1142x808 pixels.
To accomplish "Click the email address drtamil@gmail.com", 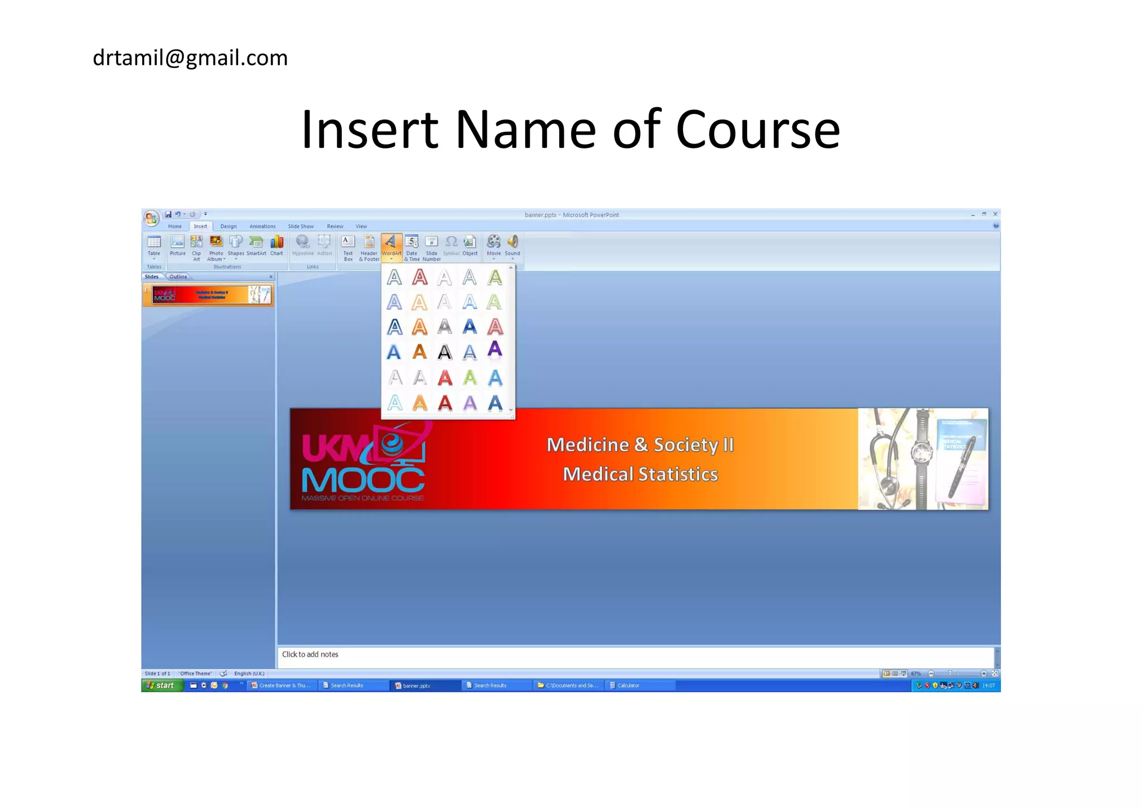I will (190, 58).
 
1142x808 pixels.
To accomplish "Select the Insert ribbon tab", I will (200, 226).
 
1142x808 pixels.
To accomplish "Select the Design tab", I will (228, 226).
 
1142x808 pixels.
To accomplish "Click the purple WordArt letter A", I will (495, 350).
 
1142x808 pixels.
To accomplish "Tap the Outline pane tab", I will (178, 277).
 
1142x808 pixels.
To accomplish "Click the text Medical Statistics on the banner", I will (640, 474).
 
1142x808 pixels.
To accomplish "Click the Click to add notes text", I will (310, 655).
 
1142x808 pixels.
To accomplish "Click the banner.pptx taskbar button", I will (416, 685).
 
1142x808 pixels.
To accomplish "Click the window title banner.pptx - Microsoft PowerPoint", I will (572, 215).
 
